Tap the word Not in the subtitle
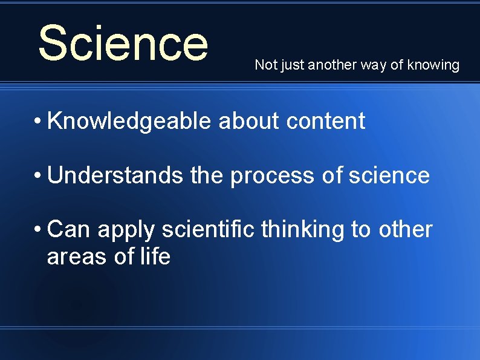(x=264, y=65)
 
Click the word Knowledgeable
(x=129, y=122)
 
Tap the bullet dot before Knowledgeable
(x=37, y=121)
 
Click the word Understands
(x=115, y=176)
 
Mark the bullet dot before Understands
(x=37, y=175)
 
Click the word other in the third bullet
(x=405, y=230)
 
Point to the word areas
(x=77, y=257)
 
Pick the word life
(x=155, y=257)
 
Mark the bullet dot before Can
(x=37, y=229)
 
